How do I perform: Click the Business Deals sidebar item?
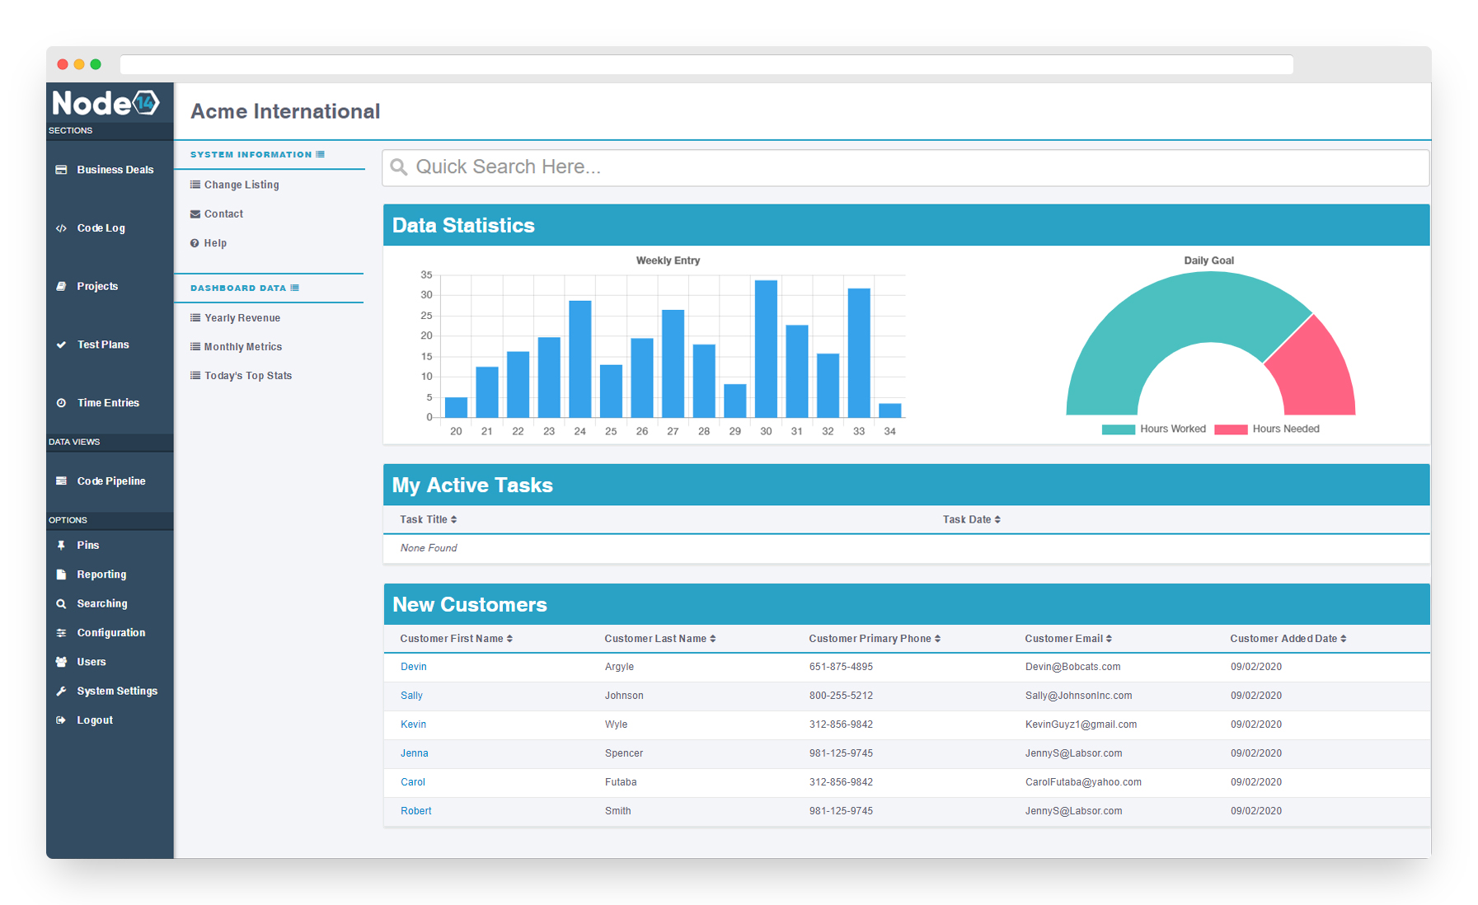point(115,170)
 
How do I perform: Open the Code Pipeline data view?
point(110,481)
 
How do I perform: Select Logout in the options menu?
point(95,720)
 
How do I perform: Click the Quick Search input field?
point(905,167)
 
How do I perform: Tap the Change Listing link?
point(241,185)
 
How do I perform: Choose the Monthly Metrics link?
point(242,347)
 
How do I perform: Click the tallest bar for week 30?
point(766,349)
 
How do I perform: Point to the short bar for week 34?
point(889,410)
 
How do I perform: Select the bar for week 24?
point(579,359)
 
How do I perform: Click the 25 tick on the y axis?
point(426,316)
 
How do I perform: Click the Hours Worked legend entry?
point(1154,429)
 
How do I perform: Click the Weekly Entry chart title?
point(668,260)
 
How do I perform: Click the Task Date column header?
point(971,520)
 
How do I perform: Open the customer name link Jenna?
point(414,753)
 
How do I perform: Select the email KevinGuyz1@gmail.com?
point(1081,724)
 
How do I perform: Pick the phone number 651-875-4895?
point(840,667)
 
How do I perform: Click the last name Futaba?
point(620,782)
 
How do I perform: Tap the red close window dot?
point(63,64)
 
